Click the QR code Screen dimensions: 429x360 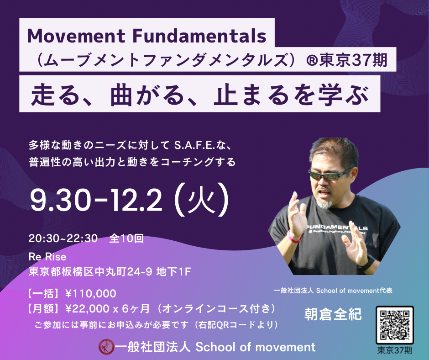(394, 325)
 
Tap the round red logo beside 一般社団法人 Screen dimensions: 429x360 (106, 347)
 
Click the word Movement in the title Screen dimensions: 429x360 (76, 36)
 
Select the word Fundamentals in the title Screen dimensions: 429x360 (199, 36)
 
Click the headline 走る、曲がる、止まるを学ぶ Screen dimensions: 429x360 (200, 95)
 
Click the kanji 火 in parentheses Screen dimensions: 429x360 (202, 200)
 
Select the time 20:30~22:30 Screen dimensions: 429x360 (63, 238)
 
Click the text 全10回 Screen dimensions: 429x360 (126, 238)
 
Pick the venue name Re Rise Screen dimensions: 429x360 (47, 257)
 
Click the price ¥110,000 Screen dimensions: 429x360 (90, 293)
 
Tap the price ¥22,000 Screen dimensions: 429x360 (87, 309)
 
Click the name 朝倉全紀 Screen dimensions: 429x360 (333, 314)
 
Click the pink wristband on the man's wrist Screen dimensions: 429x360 (294, 237)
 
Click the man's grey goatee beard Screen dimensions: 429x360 (324, 203)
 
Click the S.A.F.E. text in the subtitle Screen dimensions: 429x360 (194, 145)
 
